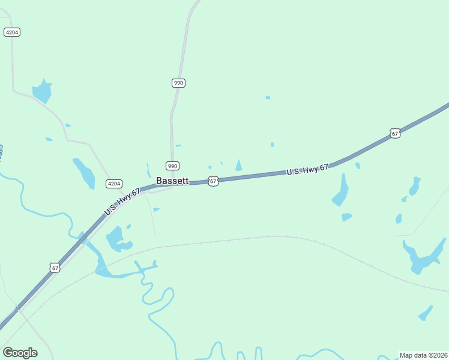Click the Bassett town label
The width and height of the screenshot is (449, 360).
[172, 180]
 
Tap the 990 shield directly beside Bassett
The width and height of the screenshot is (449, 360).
[172, 166]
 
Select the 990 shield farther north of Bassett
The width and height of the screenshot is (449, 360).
[178, 83]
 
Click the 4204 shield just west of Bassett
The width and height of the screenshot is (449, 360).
[114, 184]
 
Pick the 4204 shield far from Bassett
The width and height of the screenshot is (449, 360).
[12, 32]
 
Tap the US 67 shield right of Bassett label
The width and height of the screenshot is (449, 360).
[213, 181]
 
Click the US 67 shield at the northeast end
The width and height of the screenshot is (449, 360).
[394, 133]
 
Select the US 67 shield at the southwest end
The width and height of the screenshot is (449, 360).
[55, 268]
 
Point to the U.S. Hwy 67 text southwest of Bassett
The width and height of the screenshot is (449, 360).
[122, 202]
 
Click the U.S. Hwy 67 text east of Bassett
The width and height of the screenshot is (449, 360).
[307, 170]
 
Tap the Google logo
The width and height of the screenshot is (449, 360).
[20, 353]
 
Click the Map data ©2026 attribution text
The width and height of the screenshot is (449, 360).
[423, 355]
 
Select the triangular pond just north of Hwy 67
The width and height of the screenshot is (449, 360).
[239, 166]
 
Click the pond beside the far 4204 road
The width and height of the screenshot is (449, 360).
[42, 91]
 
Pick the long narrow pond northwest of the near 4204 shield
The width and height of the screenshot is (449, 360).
[84, 173]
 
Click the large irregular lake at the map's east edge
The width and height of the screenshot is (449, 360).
[423, 256]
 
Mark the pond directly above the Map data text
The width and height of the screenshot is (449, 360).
[426, 313]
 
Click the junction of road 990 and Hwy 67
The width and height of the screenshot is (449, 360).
[172, 185]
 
